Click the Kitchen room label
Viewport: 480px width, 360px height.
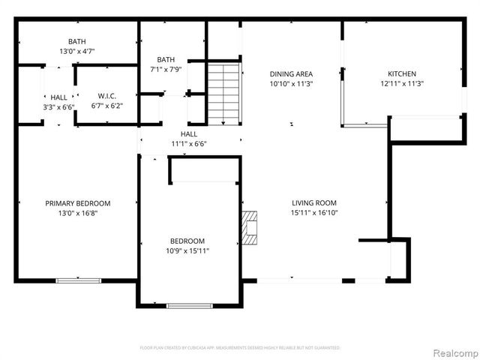coord(401,73)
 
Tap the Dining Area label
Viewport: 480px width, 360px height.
coord(291,73)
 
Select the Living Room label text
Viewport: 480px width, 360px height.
coord(314,202)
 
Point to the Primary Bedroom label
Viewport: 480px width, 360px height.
coord(77,203)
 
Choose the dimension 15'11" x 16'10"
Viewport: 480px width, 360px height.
coord(314,213)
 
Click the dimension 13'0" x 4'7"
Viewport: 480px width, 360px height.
coord(76,52)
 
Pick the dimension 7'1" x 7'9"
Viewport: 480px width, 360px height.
coord(166,69)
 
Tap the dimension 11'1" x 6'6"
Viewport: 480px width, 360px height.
coord(188,143)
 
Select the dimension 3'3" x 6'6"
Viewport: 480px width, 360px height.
coord(58,107)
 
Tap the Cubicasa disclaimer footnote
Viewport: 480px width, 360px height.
coord(240,348)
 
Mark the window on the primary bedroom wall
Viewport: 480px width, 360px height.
coord(77,280)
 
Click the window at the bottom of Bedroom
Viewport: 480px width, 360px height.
coord(188,305)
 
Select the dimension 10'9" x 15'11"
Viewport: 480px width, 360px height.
coord(188,250)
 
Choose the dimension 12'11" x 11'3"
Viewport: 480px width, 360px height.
coord(401,84)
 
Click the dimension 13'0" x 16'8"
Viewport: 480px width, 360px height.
coord(77,213)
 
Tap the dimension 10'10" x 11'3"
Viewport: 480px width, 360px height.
coord(291,84)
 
